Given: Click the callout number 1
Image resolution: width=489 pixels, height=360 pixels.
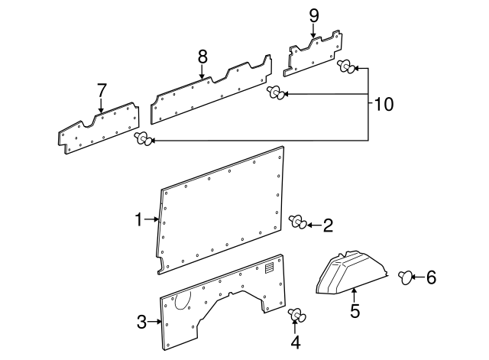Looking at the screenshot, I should point(138,220).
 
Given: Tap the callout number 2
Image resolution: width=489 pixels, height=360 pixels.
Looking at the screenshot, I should point(328,225).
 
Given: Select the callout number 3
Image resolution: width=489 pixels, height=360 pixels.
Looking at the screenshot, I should point(141,322).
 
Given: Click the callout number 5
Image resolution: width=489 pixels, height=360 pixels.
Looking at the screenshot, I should point(354,311).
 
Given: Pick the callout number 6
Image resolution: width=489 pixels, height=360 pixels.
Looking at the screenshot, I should point(431,277).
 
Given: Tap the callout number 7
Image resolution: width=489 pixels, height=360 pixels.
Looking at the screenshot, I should point(102,90).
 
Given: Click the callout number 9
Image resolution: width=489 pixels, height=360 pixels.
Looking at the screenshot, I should point(313,15).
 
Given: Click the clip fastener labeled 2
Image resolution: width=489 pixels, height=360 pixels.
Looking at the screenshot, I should point(298,222).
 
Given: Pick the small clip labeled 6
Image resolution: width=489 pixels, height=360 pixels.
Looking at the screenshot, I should point(406,276).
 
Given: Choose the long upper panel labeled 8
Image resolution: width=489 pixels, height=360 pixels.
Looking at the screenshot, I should point(210,92).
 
